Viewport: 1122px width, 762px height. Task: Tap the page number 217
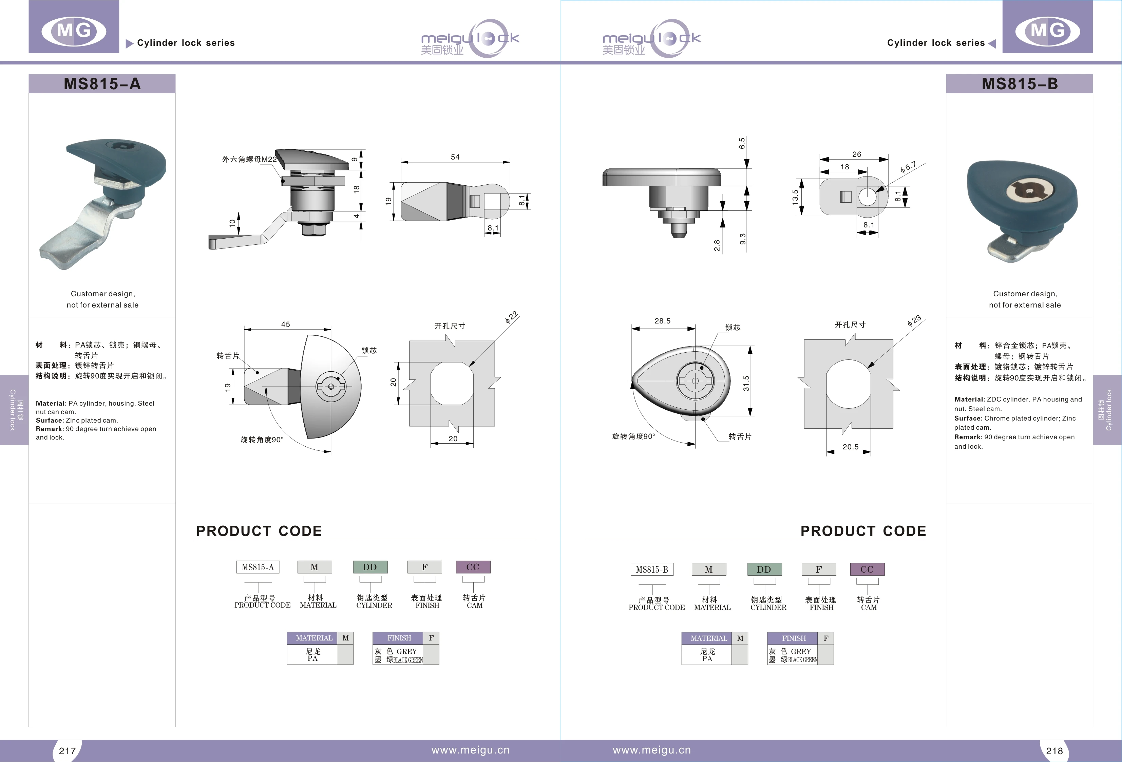click(67, 750)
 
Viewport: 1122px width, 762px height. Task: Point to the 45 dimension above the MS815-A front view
click(285, 324)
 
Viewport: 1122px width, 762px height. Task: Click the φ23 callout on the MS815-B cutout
click(914, 321)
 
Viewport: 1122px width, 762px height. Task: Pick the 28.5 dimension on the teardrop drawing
click(662, 321)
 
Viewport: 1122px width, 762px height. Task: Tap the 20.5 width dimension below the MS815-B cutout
click(850, 447)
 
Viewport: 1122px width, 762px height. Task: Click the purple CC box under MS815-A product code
click(473, 567)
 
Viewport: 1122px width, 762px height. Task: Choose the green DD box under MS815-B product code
click(764, 569)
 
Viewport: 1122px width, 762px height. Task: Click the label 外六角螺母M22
click(249, 159)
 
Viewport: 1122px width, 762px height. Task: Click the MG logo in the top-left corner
click(74, 31)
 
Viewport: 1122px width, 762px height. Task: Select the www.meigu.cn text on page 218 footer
click(651, 750)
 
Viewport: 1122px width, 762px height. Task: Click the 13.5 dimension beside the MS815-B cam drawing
click(795, 197)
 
